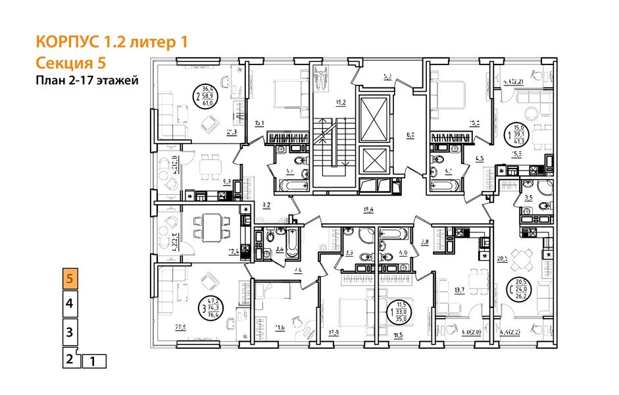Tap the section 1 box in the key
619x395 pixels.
pyautogui.click(x=93, y=361)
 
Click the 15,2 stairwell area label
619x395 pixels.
pyautogui.click(x=341, y=103)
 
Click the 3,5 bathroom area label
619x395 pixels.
pyautogui.click(x=528, y=197)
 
